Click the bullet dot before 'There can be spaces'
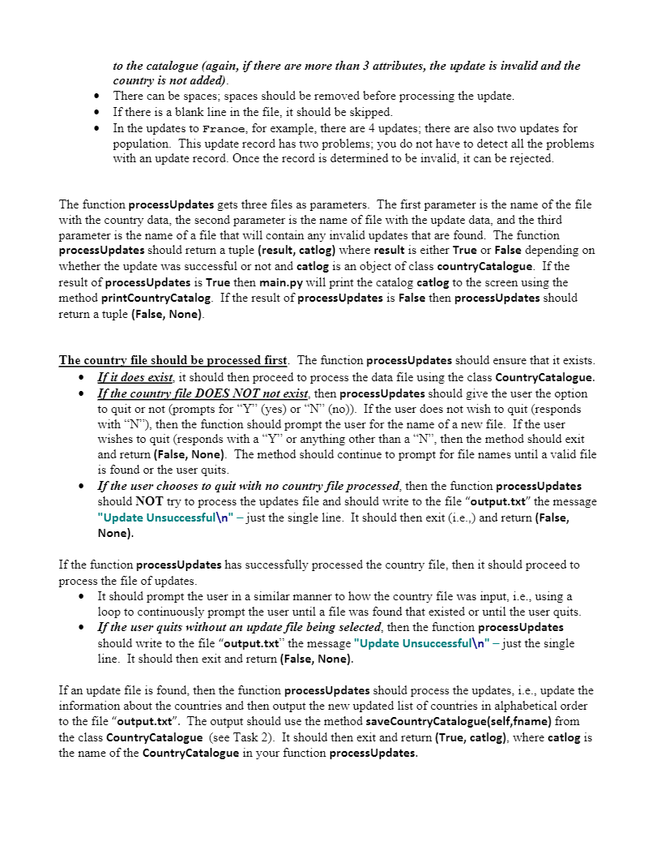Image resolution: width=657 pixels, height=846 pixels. (97, 97)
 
